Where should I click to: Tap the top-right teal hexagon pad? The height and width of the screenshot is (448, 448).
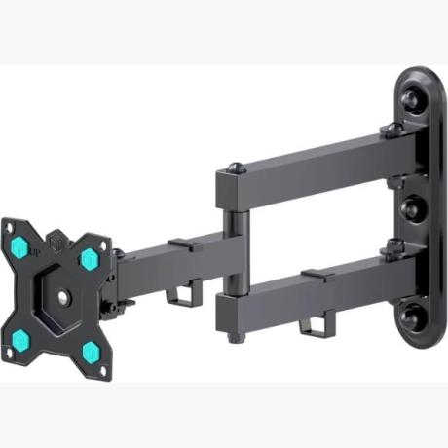point(89,257)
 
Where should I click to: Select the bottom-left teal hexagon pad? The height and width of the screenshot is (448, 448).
point(20,339)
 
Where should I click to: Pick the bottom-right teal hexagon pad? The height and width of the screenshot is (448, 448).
point(89,348)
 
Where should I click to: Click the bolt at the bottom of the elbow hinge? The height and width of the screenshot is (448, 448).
point(234,339)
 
